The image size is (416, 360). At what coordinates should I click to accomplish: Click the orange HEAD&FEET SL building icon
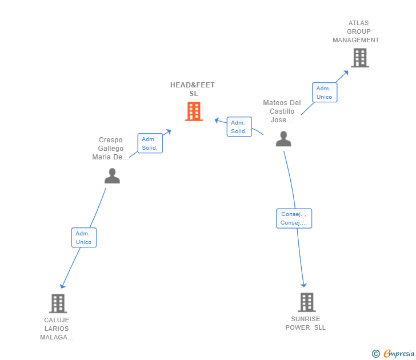194,111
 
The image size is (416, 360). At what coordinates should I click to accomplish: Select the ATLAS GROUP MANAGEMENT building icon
360,58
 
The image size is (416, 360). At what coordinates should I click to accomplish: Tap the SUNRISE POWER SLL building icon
307,302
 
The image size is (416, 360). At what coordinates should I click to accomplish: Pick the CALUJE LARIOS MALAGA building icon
58,303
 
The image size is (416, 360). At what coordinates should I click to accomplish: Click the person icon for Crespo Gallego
112,175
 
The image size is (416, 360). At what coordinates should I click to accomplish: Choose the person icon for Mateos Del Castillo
283,138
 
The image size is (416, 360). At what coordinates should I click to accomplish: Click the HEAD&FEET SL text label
193,89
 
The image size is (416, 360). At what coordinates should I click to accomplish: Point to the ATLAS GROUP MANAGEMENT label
358,31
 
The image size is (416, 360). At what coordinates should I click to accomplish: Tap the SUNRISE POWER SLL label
305,323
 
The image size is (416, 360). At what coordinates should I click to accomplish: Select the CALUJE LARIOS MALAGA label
57,329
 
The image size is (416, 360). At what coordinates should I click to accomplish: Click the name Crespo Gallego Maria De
110,149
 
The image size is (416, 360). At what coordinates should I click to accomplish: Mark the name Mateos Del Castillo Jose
282,111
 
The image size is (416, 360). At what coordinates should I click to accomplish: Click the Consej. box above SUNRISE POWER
294,218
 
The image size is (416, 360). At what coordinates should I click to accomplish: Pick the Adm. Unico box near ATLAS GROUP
325,93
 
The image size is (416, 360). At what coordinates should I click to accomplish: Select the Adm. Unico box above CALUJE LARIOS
84,238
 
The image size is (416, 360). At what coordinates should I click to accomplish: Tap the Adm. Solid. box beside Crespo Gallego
150,143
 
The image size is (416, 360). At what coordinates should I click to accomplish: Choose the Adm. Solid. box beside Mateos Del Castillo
239,126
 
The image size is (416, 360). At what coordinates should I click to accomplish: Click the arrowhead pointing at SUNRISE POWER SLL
303,285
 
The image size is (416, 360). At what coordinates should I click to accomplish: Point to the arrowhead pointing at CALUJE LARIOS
62,286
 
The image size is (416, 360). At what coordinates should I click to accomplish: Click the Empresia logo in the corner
393,353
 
